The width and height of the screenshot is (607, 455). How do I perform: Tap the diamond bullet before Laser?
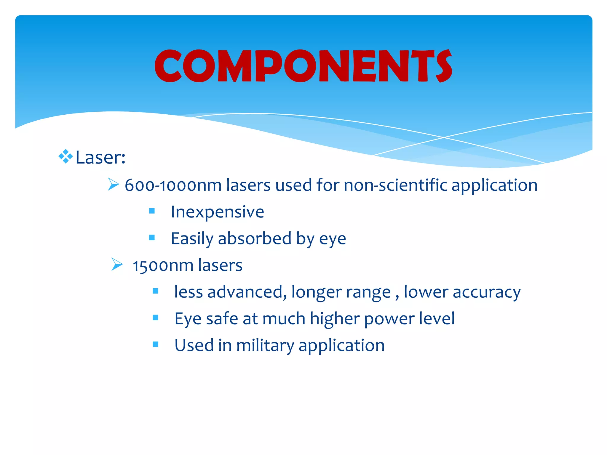click(x=66, y=156)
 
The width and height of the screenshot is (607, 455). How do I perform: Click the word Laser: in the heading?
click(x=100, y=157)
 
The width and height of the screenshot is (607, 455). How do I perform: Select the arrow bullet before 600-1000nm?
click(x=113, y=184)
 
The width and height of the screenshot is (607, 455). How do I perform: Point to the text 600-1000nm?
click(x=173, y=185)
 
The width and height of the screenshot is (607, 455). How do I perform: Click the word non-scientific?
click(x=395, y=185)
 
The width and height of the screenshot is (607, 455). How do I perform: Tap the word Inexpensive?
click(x=217, y=212)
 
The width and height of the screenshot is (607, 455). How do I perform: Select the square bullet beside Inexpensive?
click(x=152, y=211)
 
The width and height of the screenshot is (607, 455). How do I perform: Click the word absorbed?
click(x=255, y=238)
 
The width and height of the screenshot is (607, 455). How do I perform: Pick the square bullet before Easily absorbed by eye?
click(x=152, y=238)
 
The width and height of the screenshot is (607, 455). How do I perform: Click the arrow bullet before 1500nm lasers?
click(x=117, y=264)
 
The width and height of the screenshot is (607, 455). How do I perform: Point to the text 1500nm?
click(x=163, y=265)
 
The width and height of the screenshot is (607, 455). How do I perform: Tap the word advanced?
click(x=247, y=292)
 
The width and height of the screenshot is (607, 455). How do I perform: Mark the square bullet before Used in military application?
click(x=156, y=344)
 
